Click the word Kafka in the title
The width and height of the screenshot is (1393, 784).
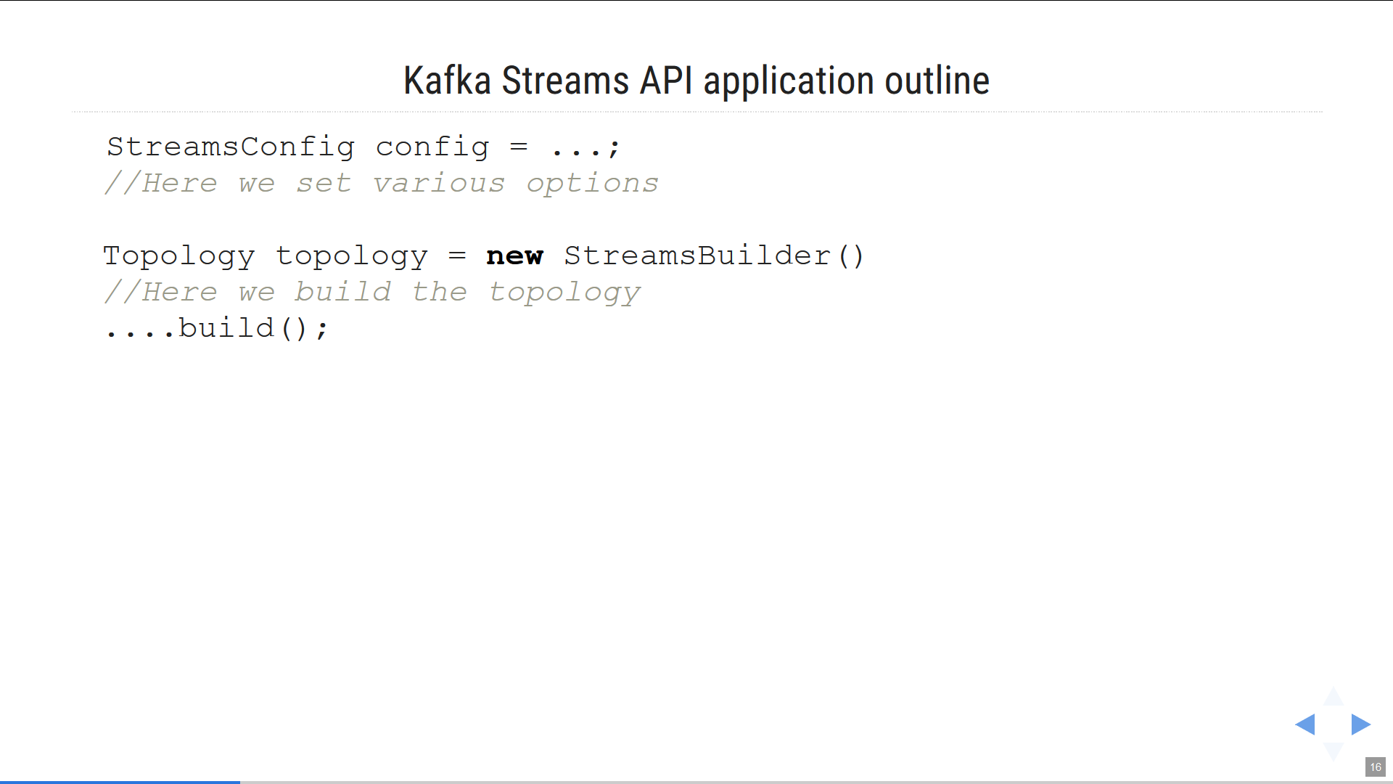pyautogui.click(x=447, y=81)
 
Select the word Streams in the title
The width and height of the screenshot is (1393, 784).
pyautogui.click(x=566, y=81)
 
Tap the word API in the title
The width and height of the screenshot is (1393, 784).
pyautogui.click(x=666, y=81)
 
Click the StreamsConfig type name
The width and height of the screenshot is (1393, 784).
pyautogui.click(x=231, y=147)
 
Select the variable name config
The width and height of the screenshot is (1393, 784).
pyautogui.click(x=432, y=147)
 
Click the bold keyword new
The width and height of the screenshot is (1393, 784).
pyautogui.click(x=514, y=256)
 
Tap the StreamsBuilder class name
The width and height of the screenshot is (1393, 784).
pyautogui.click(x=697, y=256)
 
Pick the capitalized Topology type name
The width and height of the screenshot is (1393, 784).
pyautogui.click(x=179, y=256)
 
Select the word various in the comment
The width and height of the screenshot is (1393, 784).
pyautogui.click(x=439, y=183)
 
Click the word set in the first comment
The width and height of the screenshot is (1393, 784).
pyautogui.click(x=324, y=183)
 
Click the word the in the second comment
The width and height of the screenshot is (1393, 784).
pyautogui.click(x=440, y=292)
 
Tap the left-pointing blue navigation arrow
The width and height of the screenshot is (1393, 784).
pyautogui.click(x=1305, y=724)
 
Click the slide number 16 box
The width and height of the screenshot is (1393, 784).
pyautogui.click(x=1376, y=767)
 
